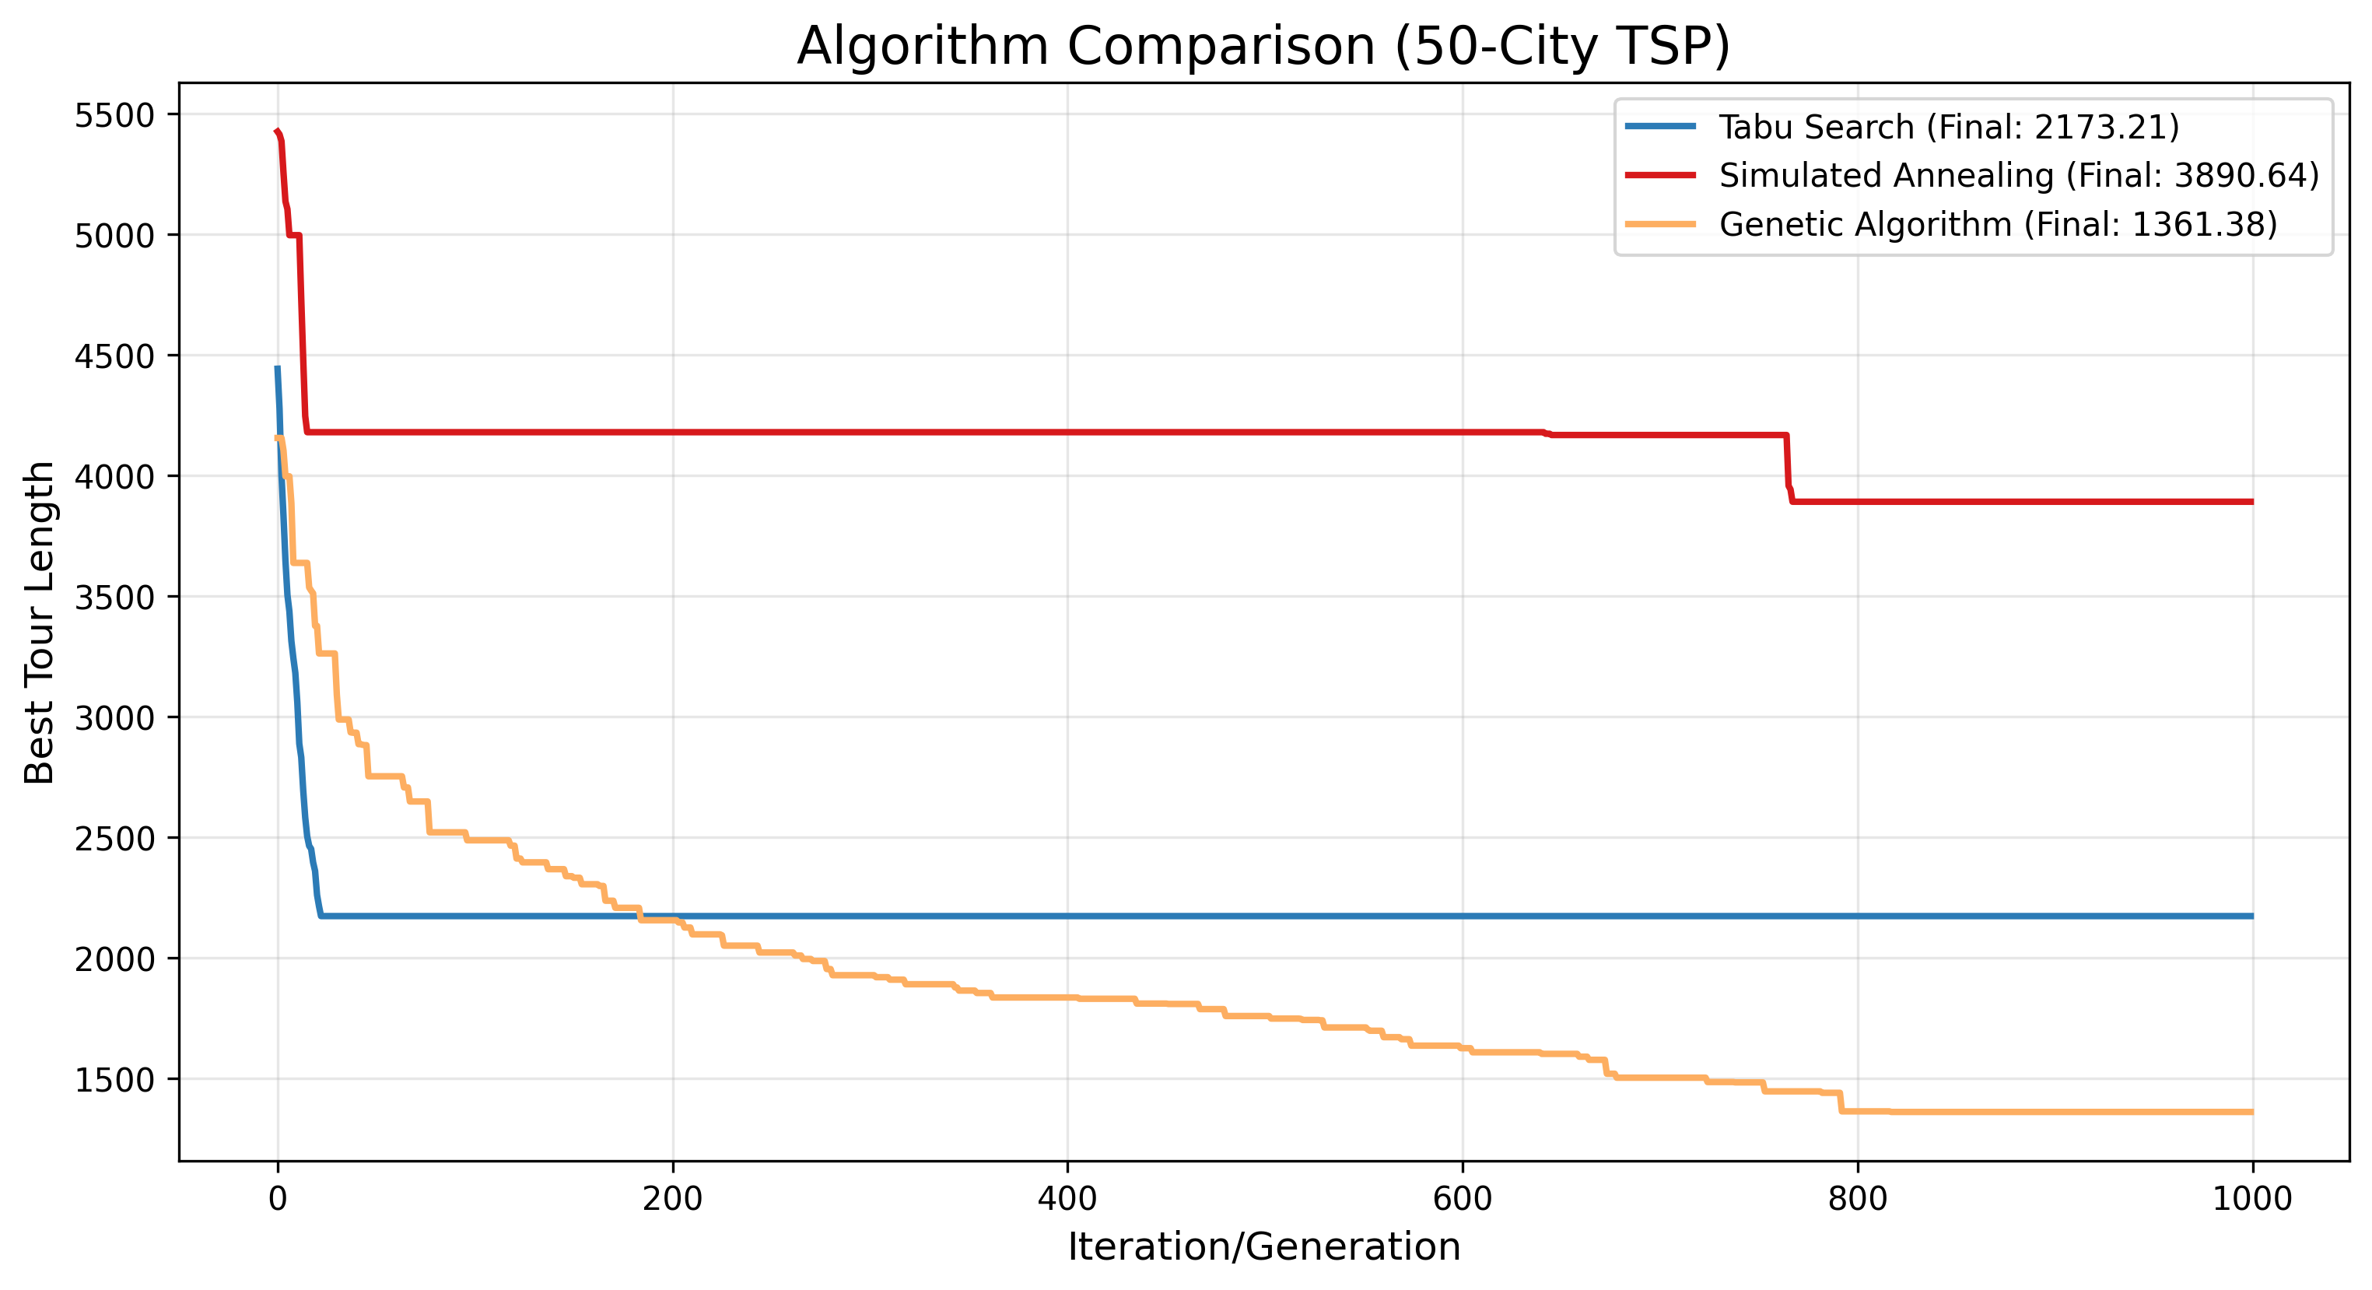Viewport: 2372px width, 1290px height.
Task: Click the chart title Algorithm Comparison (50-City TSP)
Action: (1263, 46)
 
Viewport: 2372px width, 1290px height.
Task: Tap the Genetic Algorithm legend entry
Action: (1997, 224)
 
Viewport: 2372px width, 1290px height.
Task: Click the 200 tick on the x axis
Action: (672, 1199)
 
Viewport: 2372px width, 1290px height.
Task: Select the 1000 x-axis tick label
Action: (2252, 1199)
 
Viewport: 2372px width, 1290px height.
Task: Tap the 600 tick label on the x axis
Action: (1463, 1199)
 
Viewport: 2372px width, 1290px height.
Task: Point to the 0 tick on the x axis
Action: (277, 1199)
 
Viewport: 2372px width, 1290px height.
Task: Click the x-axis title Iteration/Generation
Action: (1263, 1246)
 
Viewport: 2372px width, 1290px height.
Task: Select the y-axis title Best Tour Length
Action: (40, 622)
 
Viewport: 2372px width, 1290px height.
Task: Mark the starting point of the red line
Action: (276, 131)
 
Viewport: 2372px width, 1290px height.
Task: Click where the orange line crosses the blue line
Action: (639, 917)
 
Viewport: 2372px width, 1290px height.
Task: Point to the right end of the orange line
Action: (2252, 1113)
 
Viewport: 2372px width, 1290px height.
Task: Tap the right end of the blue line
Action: (2252, 917)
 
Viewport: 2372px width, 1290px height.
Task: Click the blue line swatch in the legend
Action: (1660, 127)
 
